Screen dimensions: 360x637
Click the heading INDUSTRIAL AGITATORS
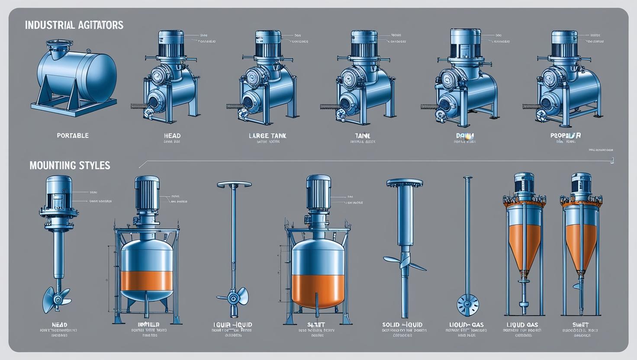pos(74,25)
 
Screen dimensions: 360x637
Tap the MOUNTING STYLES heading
pos(70,165)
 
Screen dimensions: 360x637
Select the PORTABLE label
pos(73,135)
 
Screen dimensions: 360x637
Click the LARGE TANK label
pos(267,135)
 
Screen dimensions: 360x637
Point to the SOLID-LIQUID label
pos(402,325)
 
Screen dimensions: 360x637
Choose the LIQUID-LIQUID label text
pos(233,325)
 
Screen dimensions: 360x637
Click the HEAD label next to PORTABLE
pos(172,135)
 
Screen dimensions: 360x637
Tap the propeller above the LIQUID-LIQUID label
pos(233,298)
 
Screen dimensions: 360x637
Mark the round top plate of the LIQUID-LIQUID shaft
pos(234,185)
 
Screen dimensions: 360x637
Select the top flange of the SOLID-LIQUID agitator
pos(404,183)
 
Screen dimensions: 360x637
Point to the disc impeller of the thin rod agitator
pos(468,304)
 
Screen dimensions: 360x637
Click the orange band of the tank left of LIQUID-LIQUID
pos(147,281)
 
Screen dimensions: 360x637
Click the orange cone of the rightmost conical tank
pos(581,247)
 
